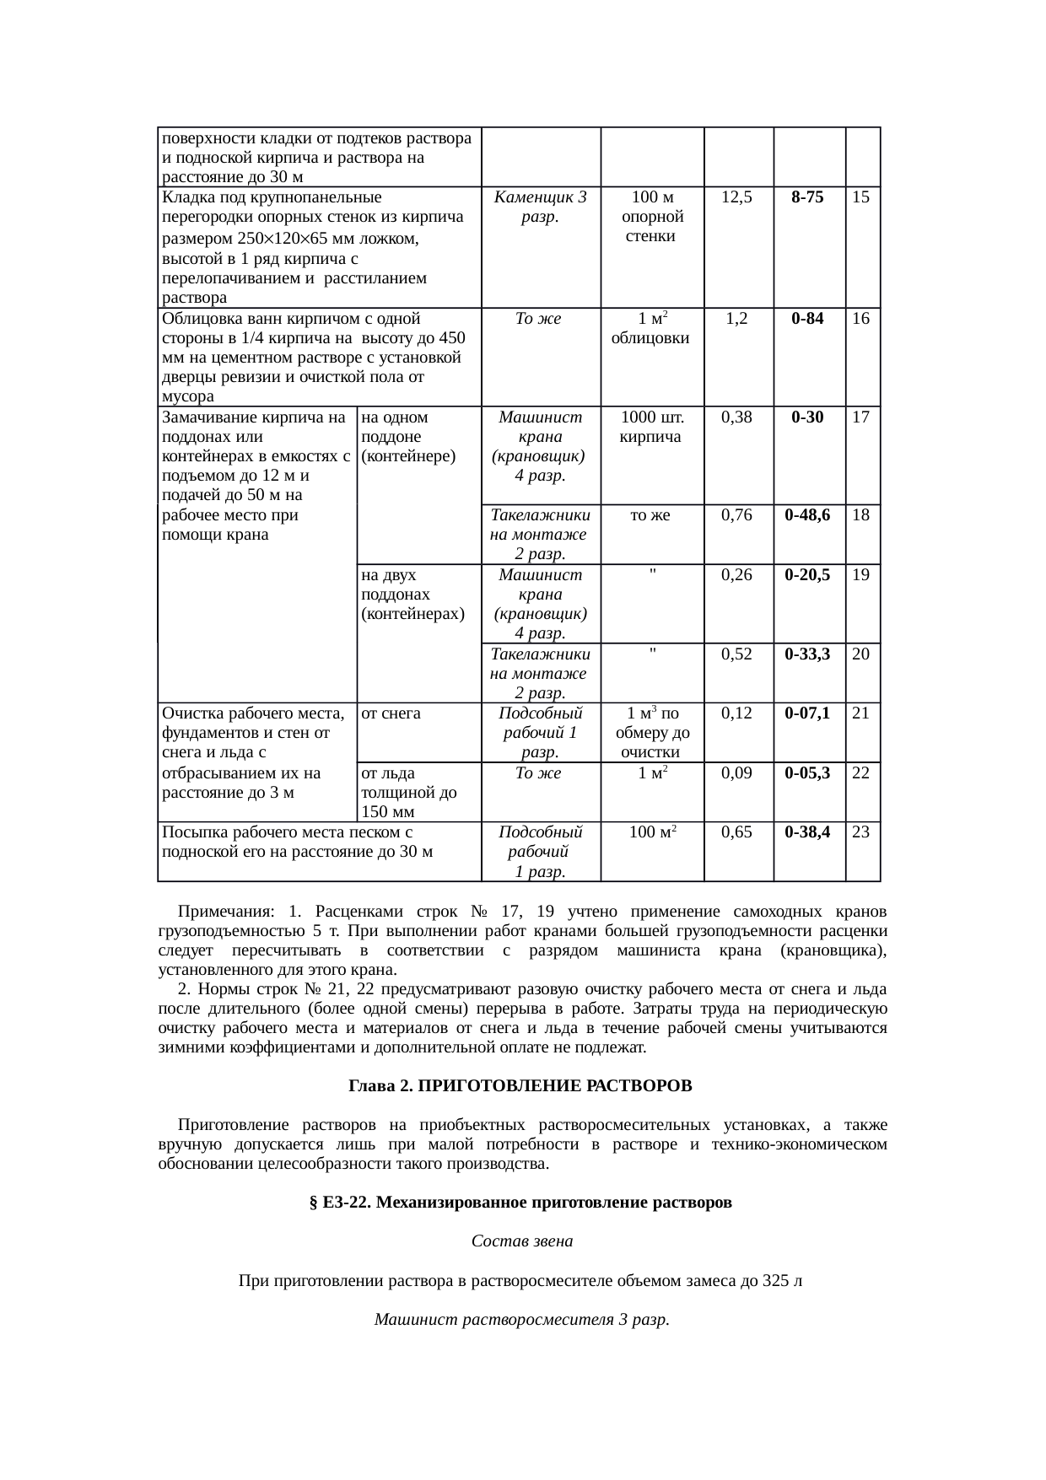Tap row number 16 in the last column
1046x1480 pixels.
861,320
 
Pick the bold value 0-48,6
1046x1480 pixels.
808,515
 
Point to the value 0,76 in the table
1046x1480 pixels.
737,515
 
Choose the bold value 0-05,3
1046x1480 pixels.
808,772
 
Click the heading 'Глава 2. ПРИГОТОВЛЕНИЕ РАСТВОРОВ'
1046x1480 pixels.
520,1086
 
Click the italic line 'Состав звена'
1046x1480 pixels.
521,1241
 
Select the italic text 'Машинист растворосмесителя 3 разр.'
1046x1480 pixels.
521,1319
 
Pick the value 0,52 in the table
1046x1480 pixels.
737,654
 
